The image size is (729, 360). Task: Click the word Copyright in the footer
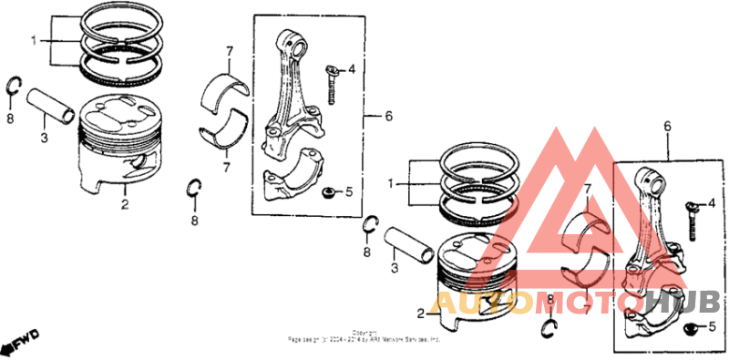click(364, 333)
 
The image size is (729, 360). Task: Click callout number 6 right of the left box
click(388, 117)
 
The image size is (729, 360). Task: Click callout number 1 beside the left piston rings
click(35, 41)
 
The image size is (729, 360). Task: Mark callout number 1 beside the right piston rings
click(393, 183)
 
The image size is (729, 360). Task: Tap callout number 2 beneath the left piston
click(125, 203)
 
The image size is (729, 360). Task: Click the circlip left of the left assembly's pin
click(14, 87)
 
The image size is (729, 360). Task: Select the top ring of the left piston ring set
click(123, 19)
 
